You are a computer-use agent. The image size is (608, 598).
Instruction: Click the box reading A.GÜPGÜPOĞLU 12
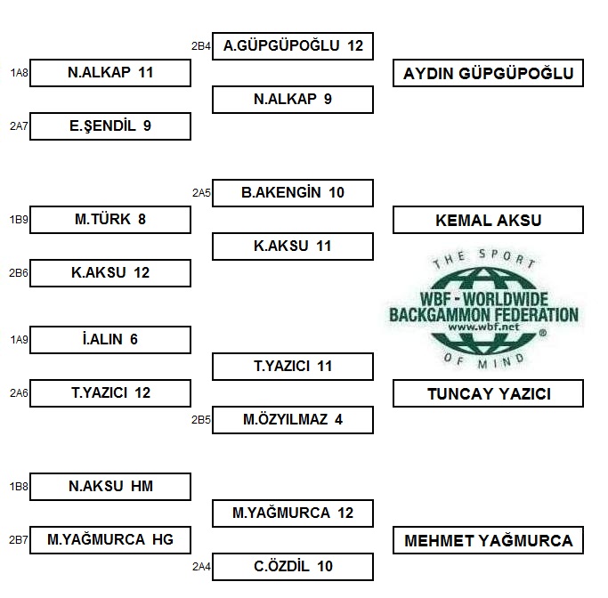(293, 46)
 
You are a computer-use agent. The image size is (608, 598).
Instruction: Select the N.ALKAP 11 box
(110, 73)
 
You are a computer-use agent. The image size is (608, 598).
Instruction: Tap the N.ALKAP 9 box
(293, 100)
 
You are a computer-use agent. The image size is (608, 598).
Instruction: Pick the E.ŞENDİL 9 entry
(110, 126)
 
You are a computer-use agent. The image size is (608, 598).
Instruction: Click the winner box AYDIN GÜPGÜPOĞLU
(488, 73)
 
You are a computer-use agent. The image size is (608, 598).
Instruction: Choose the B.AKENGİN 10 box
(293, 193)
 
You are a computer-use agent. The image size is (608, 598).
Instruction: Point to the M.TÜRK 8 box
(110, 220)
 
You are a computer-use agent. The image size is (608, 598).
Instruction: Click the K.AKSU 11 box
(293, 246)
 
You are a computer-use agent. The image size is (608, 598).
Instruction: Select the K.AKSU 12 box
(110, 273)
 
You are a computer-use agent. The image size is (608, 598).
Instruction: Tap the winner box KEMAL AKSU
(488, 220)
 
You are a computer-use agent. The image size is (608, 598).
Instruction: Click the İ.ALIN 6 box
(110, 340)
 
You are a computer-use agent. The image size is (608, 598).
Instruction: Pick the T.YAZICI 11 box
(293, 367)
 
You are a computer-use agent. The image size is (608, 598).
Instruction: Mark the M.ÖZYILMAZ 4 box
(293, 420)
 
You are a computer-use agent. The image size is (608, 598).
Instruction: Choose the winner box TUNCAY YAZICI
(488, 393)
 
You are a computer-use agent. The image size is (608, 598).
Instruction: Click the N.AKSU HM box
(110, 487)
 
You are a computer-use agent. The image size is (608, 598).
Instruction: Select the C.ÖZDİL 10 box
(293, 567)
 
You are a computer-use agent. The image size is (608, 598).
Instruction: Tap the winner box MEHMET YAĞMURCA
(488, 540)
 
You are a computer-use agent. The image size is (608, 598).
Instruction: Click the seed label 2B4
(201, 46)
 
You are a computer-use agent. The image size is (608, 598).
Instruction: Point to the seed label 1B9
(19, 220)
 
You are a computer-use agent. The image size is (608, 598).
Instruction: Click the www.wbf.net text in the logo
(483, 327)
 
